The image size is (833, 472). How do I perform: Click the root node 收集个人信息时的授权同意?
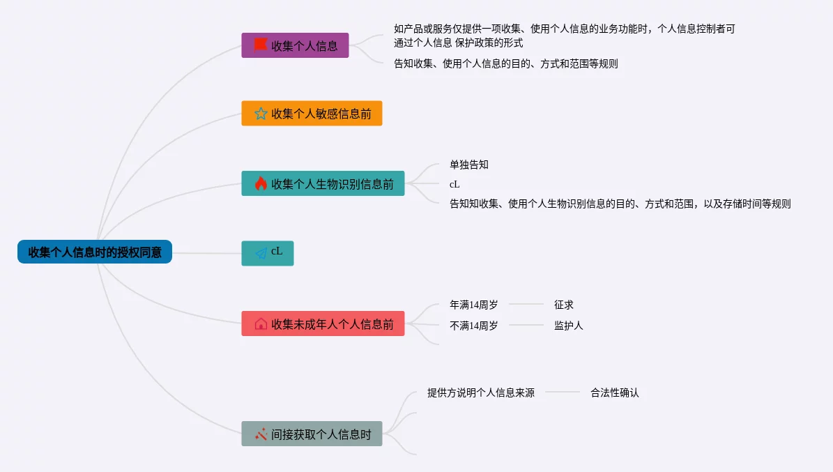[95, 252]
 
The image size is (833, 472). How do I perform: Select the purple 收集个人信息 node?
[295, 45]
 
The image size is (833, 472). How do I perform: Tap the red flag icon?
[261, 45]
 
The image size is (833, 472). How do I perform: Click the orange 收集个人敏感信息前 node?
[312, 113]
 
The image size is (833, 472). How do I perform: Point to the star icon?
[261, 113]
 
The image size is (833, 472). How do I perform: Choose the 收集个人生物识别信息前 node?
[323, 183]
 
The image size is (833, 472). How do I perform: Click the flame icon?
[261, 183]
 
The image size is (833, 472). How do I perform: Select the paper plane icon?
[261, 254]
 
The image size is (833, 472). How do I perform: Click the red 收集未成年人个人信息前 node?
[323, 323]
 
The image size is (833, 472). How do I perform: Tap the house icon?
[261, 323]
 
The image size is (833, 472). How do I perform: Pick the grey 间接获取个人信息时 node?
[312, 434]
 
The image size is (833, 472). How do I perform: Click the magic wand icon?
[261, 434]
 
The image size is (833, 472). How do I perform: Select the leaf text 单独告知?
[469, 165]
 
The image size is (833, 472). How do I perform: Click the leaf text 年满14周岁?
[474, 305]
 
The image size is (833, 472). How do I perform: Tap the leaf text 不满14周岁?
[474, 326]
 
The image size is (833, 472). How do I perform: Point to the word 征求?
[564, 305]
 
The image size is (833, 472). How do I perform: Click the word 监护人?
[569, 326]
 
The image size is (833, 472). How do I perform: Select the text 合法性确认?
[615, 393]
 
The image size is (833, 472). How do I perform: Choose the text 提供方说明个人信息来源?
[481, 393]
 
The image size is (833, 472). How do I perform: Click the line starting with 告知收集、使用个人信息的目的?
[506, 63]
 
